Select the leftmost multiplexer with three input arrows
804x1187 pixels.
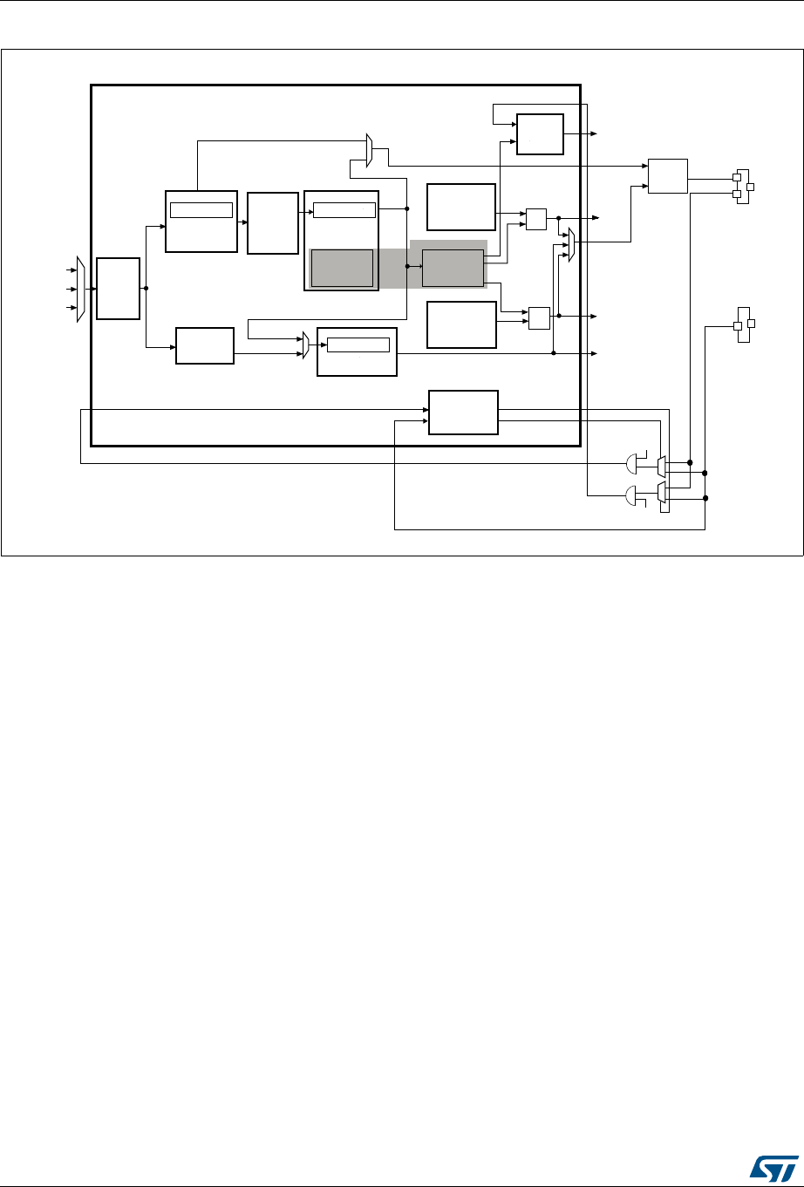click(81, 289)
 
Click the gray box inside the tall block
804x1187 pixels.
click(342, 267)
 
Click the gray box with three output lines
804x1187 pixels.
click(453, 266)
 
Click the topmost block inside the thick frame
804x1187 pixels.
click(539, 133)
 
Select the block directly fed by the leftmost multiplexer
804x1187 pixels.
click(118, 288)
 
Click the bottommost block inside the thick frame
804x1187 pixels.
click(462, 412)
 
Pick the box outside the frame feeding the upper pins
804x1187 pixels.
click(667, 176)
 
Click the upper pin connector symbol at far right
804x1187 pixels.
click(743, 186)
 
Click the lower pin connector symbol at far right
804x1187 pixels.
click(743, 324)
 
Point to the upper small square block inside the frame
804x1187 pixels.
click(536, 219)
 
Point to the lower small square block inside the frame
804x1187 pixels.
click(539, 317)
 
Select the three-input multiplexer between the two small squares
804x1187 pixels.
click(570, 244)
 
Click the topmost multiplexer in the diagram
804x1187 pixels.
click(370, 150)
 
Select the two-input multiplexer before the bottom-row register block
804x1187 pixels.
click(306, 345)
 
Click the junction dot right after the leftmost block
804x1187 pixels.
click(146, 288)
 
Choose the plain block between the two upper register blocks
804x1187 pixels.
click(273, 222)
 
